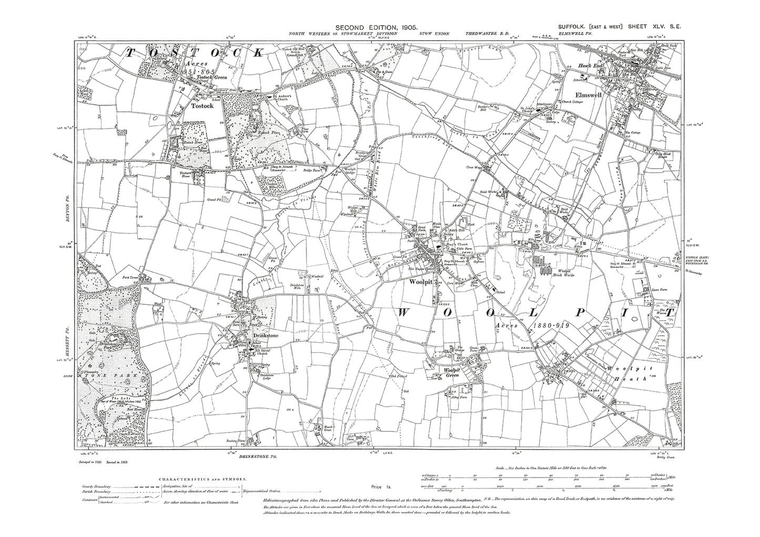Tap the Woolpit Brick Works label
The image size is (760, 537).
[550, 273]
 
